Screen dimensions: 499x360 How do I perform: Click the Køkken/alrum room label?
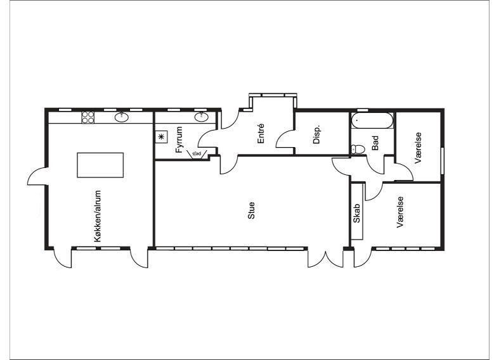[98, 216]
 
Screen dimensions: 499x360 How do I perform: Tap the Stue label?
[251, 210]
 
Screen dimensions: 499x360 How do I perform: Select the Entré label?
[261, 134]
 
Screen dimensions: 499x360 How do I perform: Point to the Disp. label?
[316, 134]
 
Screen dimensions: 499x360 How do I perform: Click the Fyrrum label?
[179, 139]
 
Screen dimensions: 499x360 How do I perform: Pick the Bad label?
[375, 143]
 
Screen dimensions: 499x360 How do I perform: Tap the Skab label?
[356, 213]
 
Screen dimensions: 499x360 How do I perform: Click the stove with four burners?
[88, 117]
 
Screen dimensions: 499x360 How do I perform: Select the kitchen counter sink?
[122, 117]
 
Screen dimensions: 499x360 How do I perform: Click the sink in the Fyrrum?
[202, 117]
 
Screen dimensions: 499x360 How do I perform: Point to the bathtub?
[372, 120]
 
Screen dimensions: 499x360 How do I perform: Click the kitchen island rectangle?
[100, 165]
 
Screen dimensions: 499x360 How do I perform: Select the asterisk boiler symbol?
[161, 137]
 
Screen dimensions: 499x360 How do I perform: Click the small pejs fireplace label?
[197, 154]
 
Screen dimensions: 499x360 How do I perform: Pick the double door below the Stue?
[325, 258]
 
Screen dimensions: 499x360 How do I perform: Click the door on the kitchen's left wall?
[37, 176]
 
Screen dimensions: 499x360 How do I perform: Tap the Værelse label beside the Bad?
[418, 148]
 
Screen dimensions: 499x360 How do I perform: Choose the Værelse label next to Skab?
[400, 212]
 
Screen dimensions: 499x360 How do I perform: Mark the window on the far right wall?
[443, 161]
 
